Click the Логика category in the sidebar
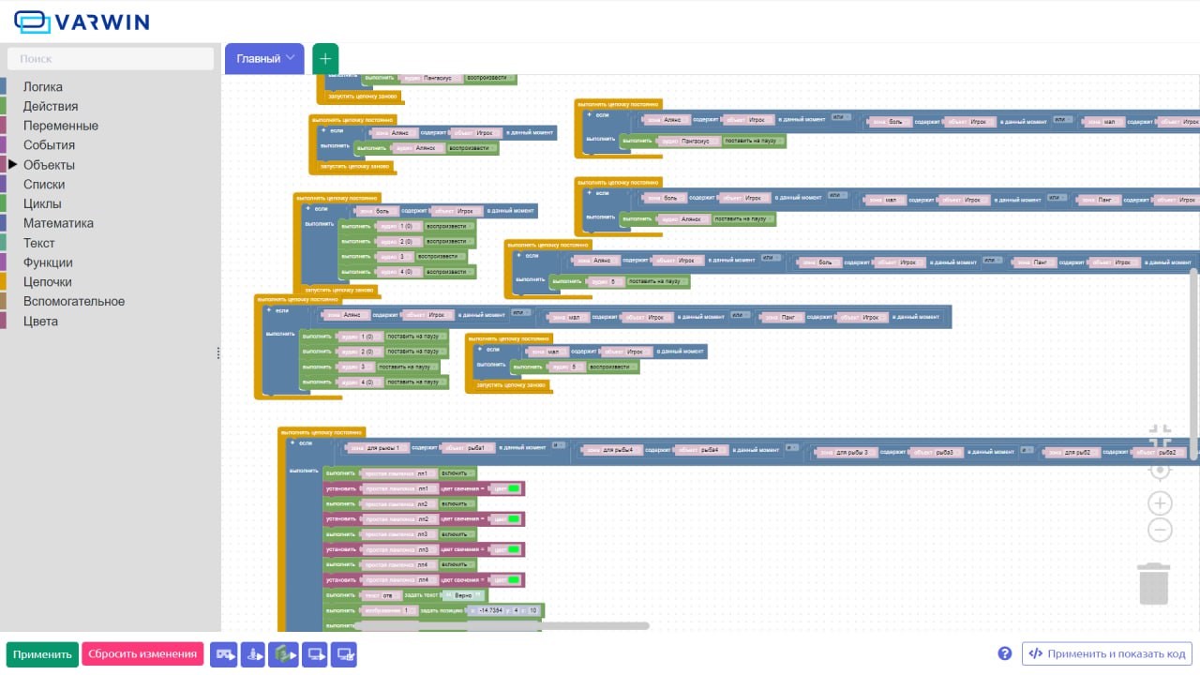coord(43,86)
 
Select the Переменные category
coord(60,126)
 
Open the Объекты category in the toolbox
coord(49,165)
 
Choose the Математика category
coord(58,223)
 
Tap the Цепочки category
coord(47,282)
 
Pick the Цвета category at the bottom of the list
coord(40,322)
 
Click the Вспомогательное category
coord(74,302)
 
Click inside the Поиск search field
coord(111,59)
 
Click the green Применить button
coord(42,654)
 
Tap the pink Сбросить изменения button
coord(142,654)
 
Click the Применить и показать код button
coord(1107,654)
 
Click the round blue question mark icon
coord(1005,653)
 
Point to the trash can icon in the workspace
coord(1154,583)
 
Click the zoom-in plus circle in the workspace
coord(1160,502)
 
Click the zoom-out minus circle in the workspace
coord(1160,531)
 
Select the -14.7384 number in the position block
coord(490,611)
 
